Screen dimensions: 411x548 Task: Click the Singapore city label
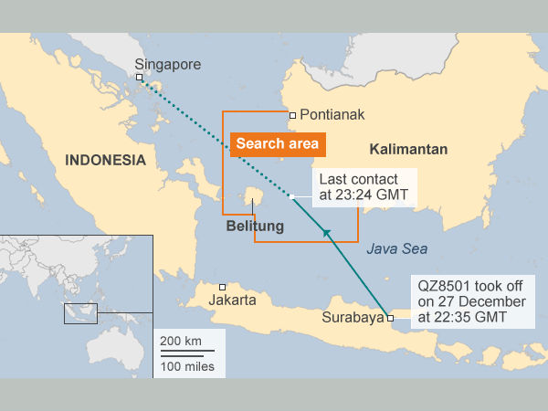167,64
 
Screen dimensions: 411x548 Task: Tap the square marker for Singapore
140,79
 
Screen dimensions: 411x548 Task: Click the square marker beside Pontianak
292,115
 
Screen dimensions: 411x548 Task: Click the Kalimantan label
408,148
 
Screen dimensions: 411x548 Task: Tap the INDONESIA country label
105,160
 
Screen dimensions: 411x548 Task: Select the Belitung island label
255,227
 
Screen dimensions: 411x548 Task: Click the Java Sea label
396,248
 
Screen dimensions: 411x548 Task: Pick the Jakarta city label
233,300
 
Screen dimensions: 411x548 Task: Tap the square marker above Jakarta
223,286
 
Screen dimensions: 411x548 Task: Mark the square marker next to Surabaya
390,319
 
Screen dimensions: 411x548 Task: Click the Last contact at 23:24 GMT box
364,186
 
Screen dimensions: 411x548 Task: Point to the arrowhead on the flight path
325,235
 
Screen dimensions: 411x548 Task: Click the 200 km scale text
181,341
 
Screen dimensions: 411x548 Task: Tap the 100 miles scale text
187,366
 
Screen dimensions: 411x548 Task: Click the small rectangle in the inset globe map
80,312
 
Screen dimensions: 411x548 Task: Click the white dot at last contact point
291,197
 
